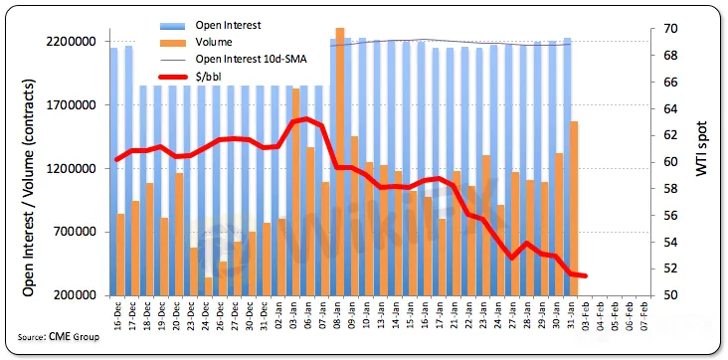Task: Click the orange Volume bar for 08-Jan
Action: click(340, 162)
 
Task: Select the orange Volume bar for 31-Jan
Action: click(574, 209)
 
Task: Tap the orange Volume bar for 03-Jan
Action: click(295, 192)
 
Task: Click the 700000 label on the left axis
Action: click(77, 233)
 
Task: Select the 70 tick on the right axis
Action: click(658, 29)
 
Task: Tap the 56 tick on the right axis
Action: click(658, 216)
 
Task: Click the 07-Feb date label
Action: click(644, 316)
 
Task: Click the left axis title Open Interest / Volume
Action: click(29, 188)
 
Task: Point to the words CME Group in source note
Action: click(74, 337)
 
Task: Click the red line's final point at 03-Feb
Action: click(585, 275)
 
